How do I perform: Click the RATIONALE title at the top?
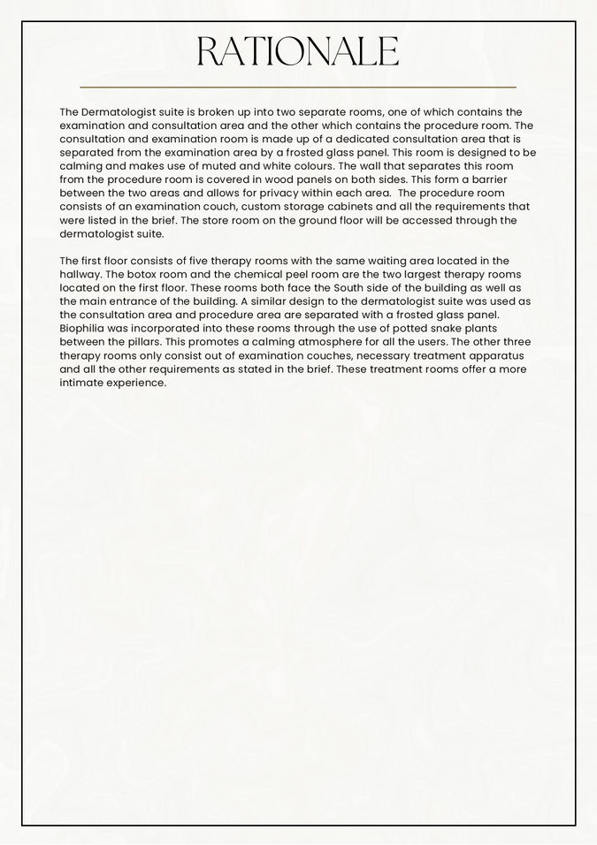(298, 52)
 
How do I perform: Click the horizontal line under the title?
(298, 88)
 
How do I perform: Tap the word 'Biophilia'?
(85, 329)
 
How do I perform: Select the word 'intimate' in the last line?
(83, 383)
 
